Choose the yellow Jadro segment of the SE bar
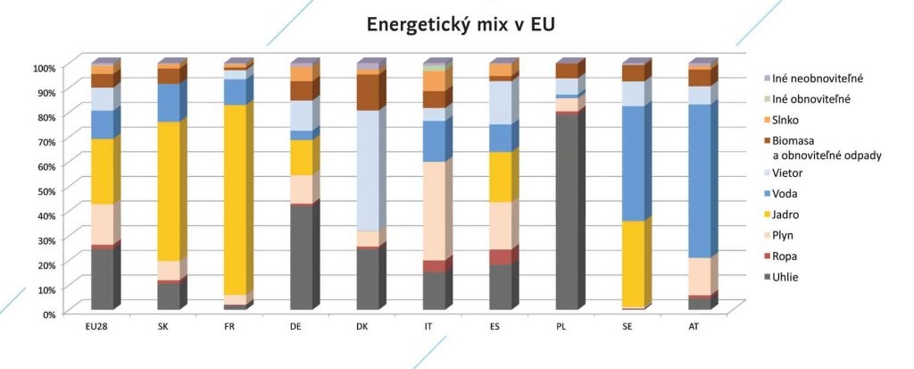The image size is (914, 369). pos(633,264)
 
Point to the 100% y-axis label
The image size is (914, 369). pos(44,68)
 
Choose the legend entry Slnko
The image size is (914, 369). pos(785,119)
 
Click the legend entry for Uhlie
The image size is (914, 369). pos(785,277)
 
